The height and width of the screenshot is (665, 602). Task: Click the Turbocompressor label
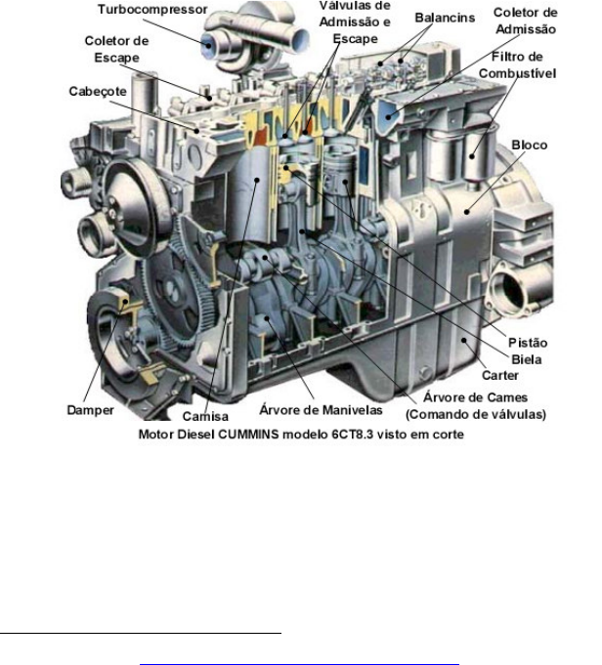tap(152, 10)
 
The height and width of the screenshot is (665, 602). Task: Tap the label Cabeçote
tap(98, 92)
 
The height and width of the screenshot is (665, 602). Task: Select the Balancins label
tap(445, 18)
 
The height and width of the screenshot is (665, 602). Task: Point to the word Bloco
tap(530, 145)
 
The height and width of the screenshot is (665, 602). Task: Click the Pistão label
tap(528, 343)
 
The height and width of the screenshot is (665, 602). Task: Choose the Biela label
tap(527, 359)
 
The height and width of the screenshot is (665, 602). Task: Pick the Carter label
tap(500, 375)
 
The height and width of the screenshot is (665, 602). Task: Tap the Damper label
tap(91, 410)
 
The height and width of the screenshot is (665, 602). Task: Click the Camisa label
tap(205, 416)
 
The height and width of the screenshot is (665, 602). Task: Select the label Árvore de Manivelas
tap(321, 410)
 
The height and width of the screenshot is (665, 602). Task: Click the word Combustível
tap(517, 73)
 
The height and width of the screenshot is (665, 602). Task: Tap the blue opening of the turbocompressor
tap(208, 44)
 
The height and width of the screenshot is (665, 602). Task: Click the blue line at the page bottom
tap(299, 664)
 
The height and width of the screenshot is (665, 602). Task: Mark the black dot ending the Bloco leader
tap(466, 212)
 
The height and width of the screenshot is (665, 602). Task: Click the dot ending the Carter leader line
tap(464, 340)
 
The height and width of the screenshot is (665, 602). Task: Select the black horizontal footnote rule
tap(141, 633)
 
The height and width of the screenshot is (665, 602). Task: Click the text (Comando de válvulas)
tap(476, 414)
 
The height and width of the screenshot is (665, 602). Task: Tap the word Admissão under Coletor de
tap(526, 29)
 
